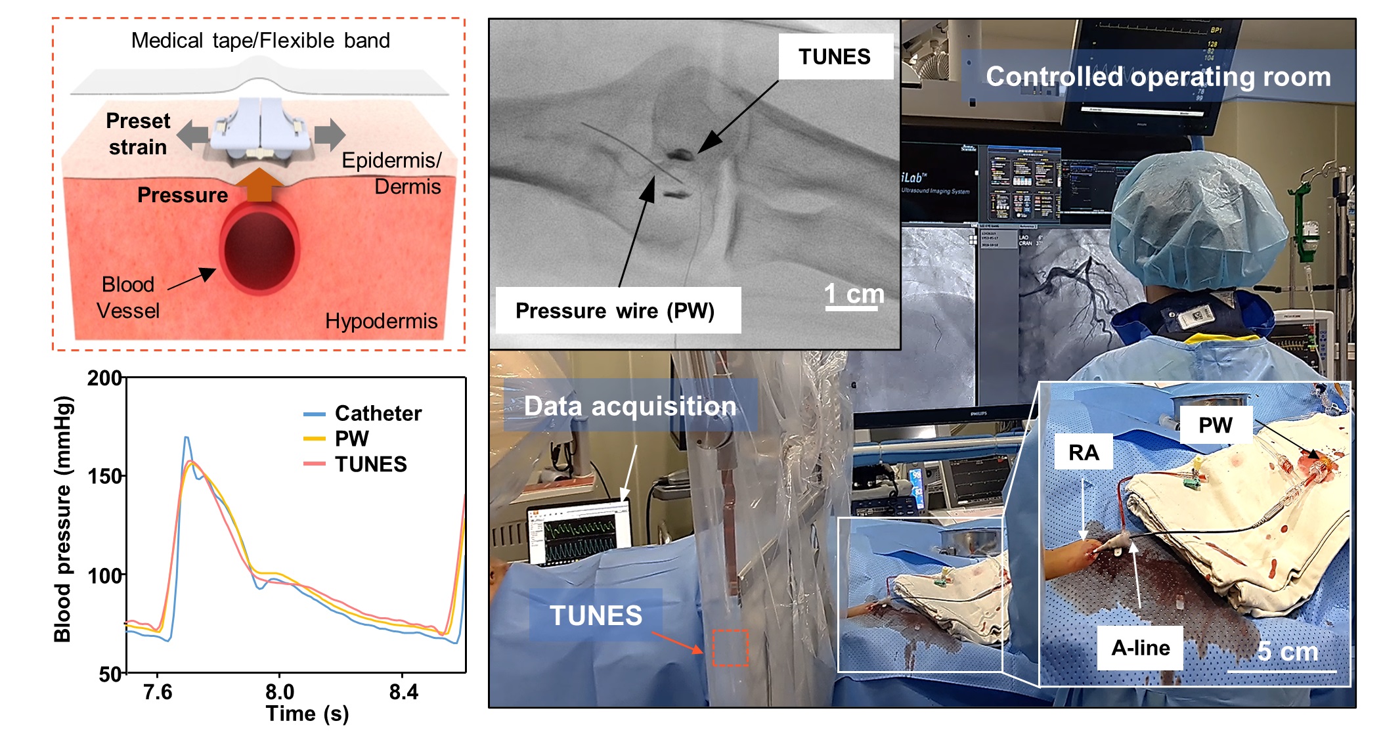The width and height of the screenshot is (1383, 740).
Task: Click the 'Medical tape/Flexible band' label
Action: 260,41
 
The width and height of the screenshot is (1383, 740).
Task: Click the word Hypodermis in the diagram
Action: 381,321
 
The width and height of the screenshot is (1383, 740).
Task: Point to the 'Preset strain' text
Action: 138,134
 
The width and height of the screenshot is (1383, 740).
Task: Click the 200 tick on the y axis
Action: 104,378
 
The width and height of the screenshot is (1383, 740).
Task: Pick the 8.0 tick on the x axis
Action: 279,691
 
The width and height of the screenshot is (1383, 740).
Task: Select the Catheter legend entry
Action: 378,414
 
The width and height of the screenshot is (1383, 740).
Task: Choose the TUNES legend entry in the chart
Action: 370,464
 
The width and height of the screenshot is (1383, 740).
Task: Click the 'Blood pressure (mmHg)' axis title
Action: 62,519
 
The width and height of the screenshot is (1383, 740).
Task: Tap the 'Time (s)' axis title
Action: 307,714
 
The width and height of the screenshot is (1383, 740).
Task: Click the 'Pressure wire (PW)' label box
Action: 615,311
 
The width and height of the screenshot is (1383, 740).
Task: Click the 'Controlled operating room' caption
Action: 1158,77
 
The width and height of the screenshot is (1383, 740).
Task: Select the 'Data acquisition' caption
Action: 630,406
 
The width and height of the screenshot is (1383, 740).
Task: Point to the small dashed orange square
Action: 730,648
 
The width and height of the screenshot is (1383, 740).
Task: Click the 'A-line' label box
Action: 1140,648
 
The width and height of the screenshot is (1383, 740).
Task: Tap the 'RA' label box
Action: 1084,452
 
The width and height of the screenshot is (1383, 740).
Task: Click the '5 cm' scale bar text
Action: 1287,652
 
